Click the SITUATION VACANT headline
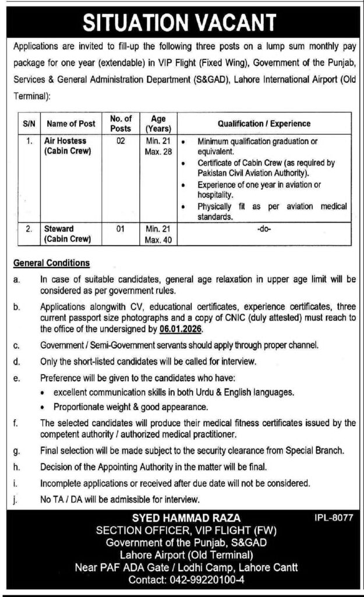(x=182, y=22)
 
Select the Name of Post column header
(x=71, y=124)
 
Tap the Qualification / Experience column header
(x=264, y=124)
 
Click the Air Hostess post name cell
(x=70, y=146)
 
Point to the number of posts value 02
(x=121, y=141)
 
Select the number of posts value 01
(x=121, y=229)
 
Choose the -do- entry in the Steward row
(x=264, y=230)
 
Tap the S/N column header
(x=29, y=124)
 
